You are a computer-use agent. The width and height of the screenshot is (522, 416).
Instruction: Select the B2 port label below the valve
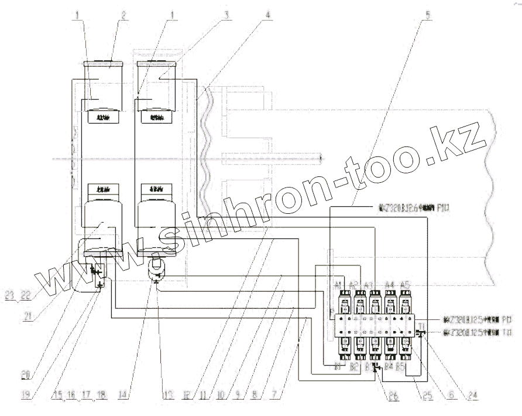click(354, 367)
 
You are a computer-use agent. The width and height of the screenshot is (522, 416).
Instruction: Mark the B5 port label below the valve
click(401, 367)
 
